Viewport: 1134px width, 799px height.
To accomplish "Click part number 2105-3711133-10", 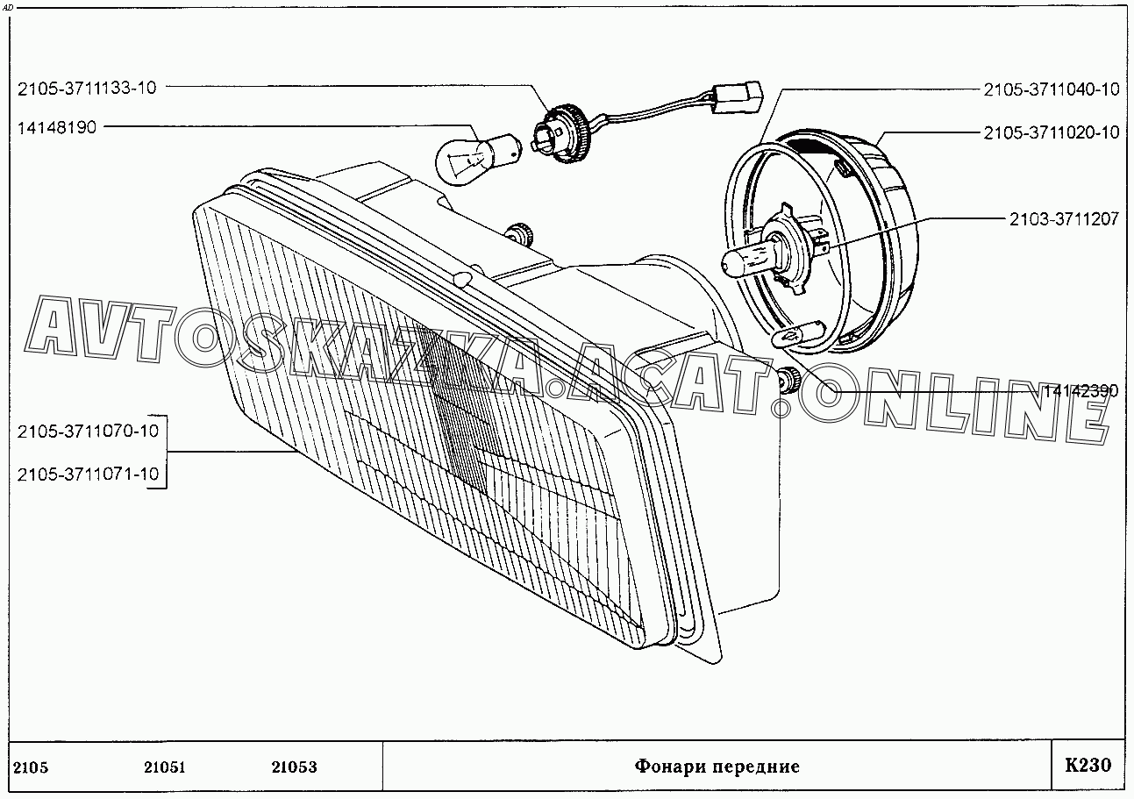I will [87, 87].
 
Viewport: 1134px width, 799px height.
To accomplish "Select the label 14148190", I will [56, 127].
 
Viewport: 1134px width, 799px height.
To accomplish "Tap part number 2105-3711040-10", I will [1051, 89].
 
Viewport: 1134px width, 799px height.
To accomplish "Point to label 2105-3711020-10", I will [1051, 132].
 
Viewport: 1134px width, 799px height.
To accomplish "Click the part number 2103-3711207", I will [1063, 218].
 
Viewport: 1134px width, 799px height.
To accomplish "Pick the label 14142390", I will [1081, 391].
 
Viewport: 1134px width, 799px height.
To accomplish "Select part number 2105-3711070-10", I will [88, 431].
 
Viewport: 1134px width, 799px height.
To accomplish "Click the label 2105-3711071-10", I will [88, 474].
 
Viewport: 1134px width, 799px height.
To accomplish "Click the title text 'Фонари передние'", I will [717, 767].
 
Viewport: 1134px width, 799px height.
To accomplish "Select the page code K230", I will [1088, 765].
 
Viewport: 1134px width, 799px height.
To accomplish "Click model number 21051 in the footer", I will [164, 767].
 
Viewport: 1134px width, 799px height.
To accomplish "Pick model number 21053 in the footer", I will [294, 767].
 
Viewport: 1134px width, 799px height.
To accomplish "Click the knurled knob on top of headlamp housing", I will [523, 234].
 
